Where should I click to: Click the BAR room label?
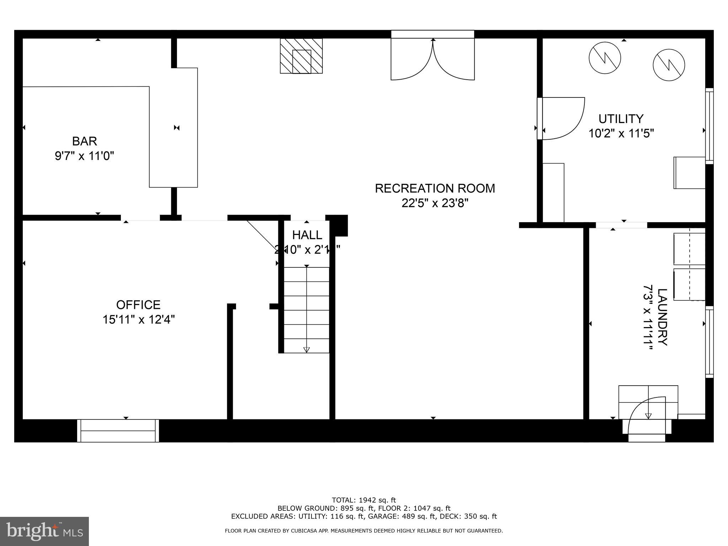pos(85,141)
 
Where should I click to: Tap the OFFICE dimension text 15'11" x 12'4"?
pos(139,320)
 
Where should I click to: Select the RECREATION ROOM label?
pos(435,188)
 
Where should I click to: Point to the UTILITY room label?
pos(621,118)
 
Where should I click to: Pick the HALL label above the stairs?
pos(307,235)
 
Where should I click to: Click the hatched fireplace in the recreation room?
pos(301,56)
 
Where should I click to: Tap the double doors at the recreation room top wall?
pos(433,60)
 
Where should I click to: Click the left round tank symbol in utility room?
pos(605,58)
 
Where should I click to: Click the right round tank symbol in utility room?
pos(669,65)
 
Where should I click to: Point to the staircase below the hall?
pos(306,310)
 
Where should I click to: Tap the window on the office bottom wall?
pos(118,430)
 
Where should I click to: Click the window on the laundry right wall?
pos(709,342)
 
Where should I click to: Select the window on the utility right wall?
pos(709,126)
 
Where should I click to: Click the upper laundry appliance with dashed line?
pos(689,249)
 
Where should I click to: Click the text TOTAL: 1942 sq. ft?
pos(364,500)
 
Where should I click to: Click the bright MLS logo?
pos(44,531)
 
